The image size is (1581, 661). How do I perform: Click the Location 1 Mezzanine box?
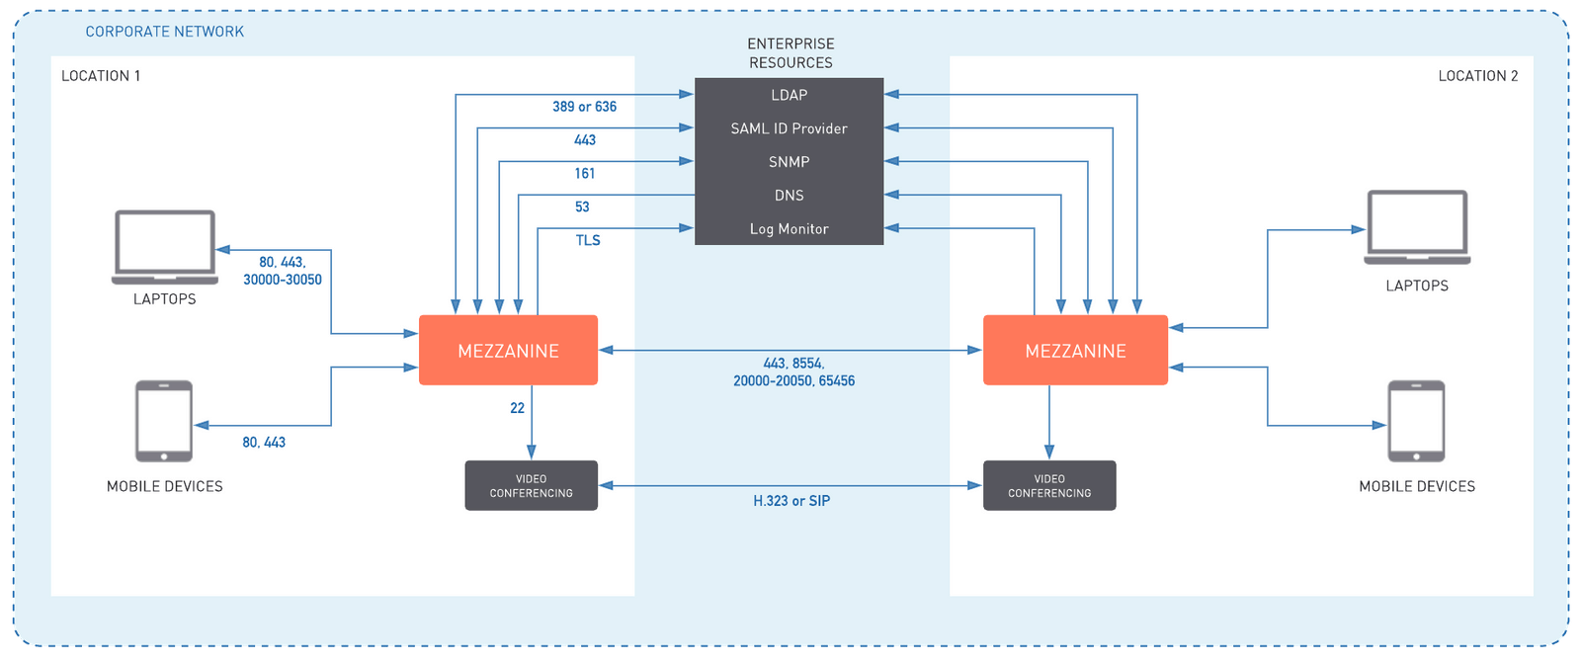point(508,351)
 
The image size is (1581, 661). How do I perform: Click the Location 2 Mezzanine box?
point(1075,351)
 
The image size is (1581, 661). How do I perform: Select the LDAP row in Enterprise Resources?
point(789,95)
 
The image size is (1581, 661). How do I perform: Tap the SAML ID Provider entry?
point(789,128)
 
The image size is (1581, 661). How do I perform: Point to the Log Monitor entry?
point(789,229)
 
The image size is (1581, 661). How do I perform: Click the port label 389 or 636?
point(584,107)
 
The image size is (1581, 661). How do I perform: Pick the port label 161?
point(584,174)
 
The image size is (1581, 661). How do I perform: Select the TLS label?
point(587,240)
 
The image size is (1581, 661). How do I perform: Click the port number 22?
point(517,408)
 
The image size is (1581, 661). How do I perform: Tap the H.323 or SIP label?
point(791,501)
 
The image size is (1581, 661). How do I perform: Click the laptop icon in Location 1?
point(165,246)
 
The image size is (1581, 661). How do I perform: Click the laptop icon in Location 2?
point(1417,227)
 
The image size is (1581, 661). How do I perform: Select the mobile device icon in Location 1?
point(164,421)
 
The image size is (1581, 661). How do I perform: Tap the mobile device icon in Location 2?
point(1416,421)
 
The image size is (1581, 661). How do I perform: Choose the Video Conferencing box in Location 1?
point(531,485)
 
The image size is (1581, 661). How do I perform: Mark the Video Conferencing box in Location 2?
point(1049,485)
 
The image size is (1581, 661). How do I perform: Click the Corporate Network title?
point(164,32)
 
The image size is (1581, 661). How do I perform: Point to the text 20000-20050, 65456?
point(793,380)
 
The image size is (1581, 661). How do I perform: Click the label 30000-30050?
point(283,280)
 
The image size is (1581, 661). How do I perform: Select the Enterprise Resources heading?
point(790,53)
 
